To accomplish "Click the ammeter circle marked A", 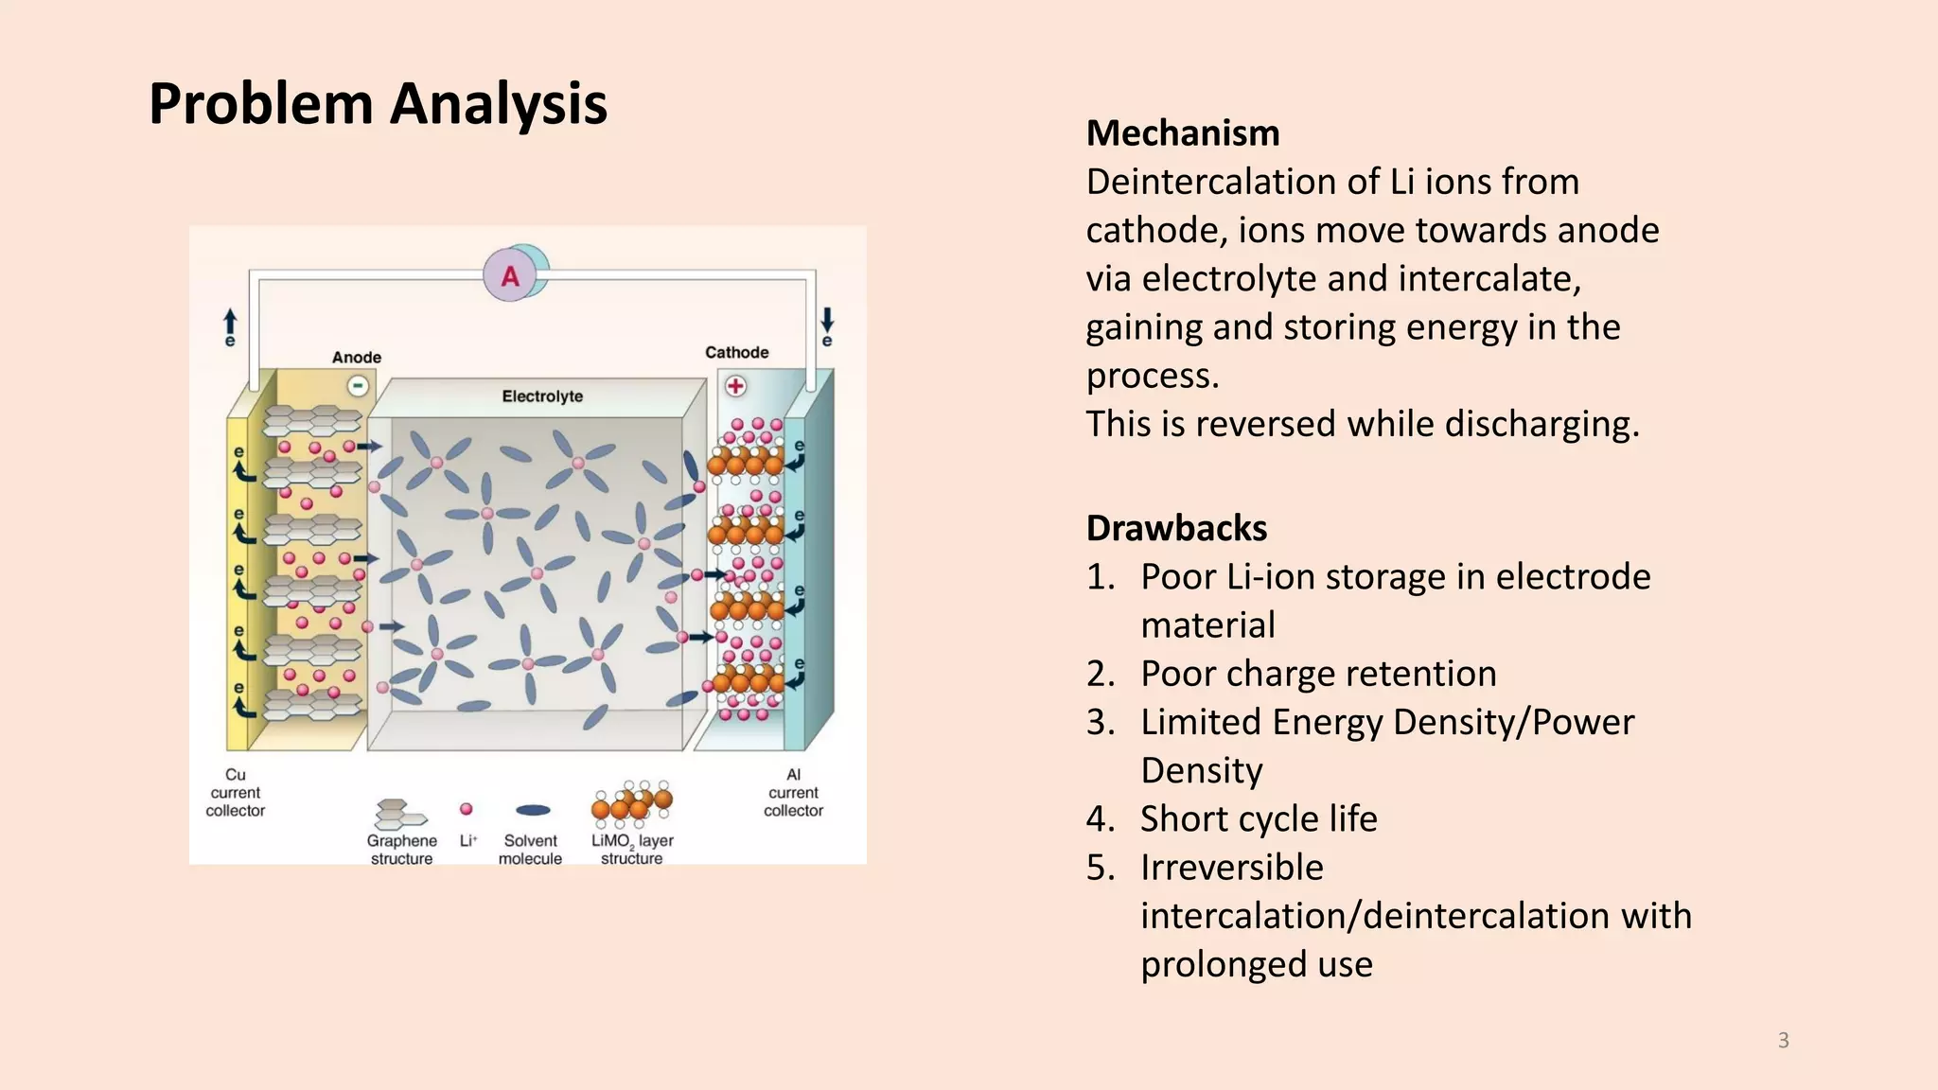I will click(511, 275).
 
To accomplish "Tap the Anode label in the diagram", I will click(357, 358).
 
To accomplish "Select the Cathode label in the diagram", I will click(736, 352).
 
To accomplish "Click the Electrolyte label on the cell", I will click(542, 396).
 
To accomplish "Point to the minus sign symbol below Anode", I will click(358, 386).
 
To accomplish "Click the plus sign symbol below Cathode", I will click(735, 386).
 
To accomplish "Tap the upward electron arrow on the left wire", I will click(230, 322).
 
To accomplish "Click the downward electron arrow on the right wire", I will click(827, 319).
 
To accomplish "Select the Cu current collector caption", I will click(236, 793).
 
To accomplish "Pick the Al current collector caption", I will click(793, 793).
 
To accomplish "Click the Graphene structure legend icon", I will click(398, 813).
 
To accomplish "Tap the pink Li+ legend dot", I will click(466, 809).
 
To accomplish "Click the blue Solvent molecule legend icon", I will click(533, 810).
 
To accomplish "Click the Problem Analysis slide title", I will click(378, 103).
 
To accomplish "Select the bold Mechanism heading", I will click(1183, 133).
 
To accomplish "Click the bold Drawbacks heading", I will click(1176, 528).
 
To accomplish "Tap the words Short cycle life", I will click(1259, 818).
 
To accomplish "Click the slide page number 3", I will click(1783, 1041).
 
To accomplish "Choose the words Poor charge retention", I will click(1318, 674).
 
